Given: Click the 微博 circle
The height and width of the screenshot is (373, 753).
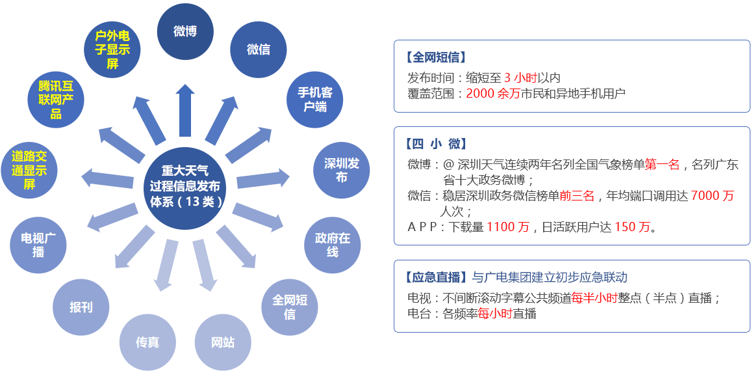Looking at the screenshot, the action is coord(185,31).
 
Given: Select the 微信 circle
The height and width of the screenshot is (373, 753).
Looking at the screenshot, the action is coord(259,49).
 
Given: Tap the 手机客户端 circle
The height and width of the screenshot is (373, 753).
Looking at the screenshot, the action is coord(314,100).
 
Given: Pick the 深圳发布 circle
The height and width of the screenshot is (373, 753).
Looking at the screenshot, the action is coord(342,171).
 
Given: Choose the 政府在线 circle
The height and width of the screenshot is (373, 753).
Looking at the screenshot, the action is coord(332,245).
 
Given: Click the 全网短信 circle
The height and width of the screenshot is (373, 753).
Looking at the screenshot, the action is coord(290,307).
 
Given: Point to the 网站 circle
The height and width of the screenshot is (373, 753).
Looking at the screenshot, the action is coord(223,343).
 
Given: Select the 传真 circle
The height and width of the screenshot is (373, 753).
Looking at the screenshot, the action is coord(147,342).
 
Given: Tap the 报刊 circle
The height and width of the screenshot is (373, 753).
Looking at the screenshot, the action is coord(81,307).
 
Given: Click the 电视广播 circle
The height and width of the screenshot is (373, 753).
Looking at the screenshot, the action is coord(38,245).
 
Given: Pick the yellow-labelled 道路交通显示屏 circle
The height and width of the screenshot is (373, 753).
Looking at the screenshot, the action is coord(29,171).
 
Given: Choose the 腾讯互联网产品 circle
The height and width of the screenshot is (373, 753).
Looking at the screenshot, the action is coord(56,100).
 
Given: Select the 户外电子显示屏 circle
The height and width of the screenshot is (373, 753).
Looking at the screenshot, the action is coord(112,49).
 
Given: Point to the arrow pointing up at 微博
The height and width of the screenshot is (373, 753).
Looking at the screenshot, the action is coord(185,110).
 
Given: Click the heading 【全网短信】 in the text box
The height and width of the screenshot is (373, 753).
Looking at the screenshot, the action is coord(435,58).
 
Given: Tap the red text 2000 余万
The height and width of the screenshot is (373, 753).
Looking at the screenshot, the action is coord(493,93).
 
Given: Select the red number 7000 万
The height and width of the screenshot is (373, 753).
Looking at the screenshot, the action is coord(713,196).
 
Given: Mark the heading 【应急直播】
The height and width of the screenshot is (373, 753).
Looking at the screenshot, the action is coord(435,277).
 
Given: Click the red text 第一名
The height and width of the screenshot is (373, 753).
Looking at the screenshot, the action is coord(662,165).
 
